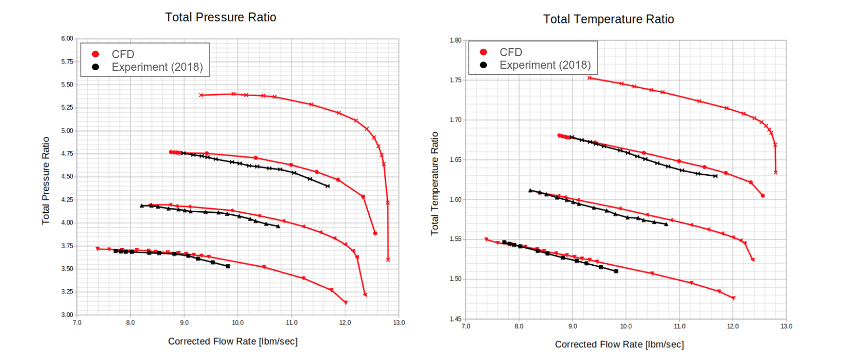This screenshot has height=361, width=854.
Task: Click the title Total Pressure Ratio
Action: pos(221,17)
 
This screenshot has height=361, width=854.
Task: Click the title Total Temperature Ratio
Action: pos(609,19)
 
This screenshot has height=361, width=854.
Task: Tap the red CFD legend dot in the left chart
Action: pos(96,54)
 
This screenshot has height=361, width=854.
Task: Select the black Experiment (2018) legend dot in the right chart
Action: pos(484,65)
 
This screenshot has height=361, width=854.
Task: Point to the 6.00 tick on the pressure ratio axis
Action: pos(67,38)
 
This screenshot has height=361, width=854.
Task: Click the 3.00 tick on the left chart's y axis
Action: pos(67,315)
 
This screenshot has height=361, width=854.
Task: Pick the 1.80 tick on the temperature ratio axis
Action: pos(455,41)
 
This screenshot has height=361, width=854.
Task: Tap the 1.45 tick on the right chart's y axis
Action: pos(455,319)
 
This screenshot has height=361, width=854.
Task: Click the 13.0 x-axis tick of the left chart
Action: pos(399,323)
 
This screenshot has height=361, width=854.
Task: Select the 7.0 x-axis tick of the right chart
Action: pos(466,326)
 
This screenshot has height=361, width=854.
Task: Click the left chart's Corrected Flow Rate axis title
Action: pos(232,341)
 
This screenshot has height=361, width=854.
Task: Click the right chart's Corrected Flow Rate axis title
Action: pos(619,344)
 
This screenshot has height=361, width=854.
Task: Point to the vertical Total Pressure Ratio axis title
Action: pos(46,180)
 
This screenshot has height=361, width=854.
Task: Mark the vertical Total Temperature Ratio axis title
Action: pos(434,183)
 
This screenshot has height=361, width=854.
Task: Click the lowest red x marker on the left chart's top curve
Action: pos(388,260)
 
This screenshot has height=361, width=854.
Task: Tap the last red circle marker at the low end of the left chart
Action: pos(375,234)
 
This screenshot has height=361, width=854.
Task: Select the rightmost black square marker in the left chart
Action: pos(228,266)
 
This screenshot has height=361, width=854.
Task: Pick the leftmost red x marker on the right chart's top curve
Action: pos(589,78)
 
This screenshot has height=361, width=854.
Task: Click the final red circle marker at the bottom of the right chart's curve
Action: pos(763,196)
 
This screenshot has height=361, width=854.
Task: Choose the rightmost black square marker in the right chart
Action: pos(616,271)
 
